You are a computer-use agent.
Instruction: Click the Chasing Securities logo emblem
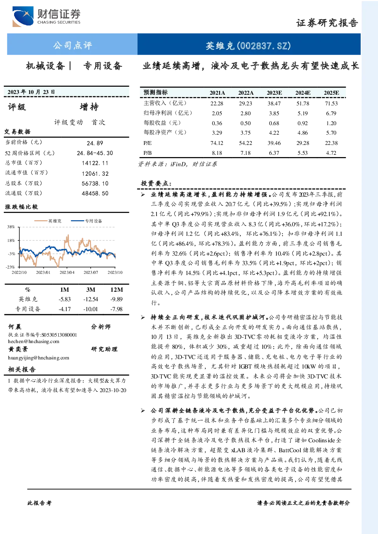click(x=23, y=16)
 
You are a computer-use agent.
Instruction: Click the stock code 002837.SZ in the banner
click(x=264, y=46)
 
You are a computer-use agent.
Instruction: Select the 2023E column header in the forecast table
click(x=274, y=93)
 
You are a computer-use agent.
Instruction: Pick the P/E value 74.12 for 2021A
click(x=217, y=143)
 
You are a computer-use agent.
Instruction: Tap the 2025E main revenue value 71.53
click(x=331, y=103)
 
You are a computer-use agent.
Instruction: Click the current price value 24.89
click(x=95, y=143)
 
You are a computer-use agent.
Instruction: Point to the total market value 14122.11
click(x=95, y=163)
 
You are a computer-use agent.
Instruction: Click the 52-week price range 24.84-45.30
click(x=95, y=153)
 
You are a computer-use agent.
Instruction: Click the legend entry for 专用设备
click(x=86, y=221)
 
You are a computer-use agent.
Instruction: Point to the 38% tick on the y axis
click(x=11, y=227)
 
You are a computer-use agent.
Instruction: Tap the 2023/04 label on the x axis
click(x=67, y=272)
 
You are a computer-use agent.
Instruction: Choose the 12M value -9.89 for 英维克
click(x=116, y=299)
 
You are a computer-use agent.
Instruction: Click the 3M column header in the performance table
click(x=91, y=290)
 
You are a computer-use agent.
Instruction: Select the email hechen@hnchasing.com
click(x=33, y=342)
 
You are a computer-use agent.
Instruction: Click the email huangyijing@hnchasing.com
click(x=39, y=358)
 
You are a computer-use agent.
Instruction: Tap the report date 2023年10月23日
click(x=31, y=92)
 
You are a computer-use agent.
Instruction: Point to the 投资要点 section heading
click(x=156, y=183)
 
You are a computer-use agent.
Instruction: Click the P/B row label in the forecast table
click(x=147, y=153)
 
